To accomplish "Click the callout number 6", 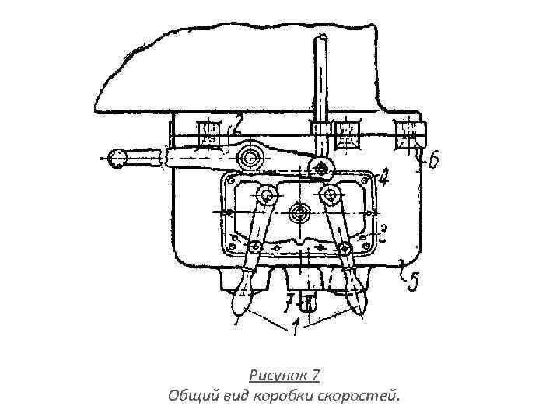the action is coord(433,159).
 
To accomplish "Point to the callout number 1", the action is coord(297,327).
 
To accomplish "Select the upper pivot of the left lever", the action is coord(268,194).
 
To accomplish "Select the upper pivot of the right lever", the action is coord(330,194).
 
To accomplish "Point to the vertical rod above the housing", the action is coord(319,78).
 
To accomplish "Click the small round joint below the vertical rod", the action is coord(320,168).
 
